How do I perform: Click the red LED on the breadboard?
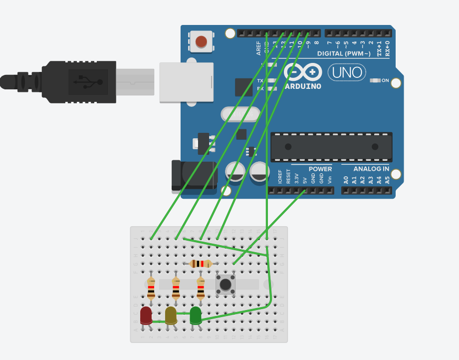146,316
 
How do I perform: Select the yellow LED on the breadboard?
171,316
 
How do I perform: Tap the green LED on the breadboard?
196,315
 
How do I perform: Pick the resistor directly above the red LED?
151,289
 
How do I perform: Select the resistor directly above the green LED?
201,289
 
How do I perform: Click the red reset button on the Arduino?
202,41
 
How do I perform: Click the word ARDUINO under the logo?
302,86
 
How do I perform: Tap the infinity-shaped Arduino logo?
303,73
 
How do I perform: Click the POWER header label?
320,169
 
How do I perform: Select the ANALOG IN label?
371,169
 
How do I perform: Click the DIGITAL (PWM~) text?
344,53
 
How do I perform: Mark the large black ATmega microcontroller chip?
331,147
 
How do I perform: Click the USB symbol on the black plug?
88,82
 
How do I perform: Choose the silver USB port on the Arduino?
186,82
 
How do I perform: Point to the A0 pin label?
346,180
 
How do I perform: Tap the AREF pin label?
258,48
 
